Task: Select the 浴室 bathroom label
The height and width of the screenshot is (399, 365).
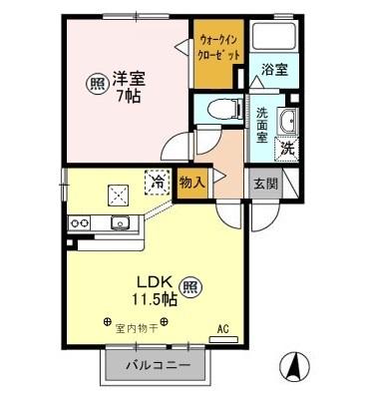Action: tap(275, 69)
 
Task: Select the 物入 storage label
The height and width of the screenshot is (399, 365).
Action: tap(192, 183)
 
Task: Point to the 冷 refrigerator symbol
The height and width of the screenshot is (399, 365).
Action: tap(157, 183)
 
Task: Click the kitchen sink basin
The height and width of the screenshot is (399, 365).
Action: tap(120, 222)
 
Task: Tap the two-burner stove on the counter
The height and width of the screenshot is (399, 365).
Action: tap(79, 222)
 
